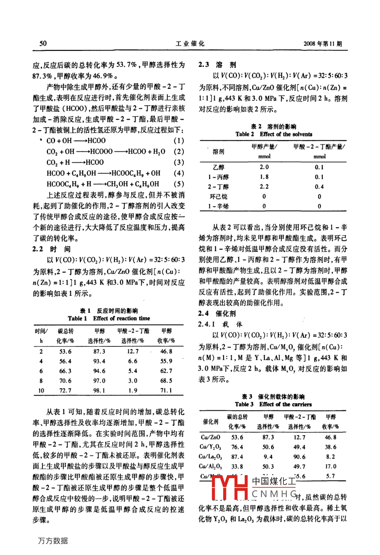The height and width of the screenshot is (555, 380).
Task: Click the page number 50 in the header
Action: [42, 44]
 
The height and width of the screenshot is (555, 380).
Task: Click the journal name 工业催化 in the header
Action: [190, 44]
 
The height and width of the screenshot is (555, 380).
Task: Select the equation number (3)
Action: [179, 162]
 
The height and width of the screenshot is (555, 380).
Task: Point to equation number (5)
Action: [179, 184]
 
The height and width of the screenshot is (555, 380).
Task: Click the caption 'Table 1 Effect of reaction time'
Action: [109, 318]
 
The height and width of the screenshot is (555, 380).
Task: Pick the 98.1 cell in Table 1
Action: [99, 391]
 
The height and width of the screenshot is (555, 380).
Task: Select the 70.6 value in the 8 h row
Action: [65, 381]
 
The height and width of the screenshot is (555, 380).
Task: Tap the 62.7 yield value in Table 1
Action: [166, 371]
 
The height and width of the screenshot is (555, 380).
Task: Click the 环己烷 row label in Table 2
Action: [218, 196]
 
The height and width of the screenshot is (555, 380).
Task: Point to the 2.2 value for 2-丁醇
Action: [264, 187]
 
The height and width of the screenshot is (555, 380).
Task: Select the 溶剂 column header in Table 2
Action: [218, 151]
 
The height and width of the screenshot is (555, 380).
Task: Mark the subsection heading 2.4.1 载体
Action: [220, 324]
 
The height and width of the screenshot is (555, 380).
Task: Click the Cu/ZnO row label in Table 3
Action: [210, 438]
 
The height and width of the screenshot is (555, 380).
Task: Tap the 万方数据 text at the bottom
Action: [53, 541]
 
